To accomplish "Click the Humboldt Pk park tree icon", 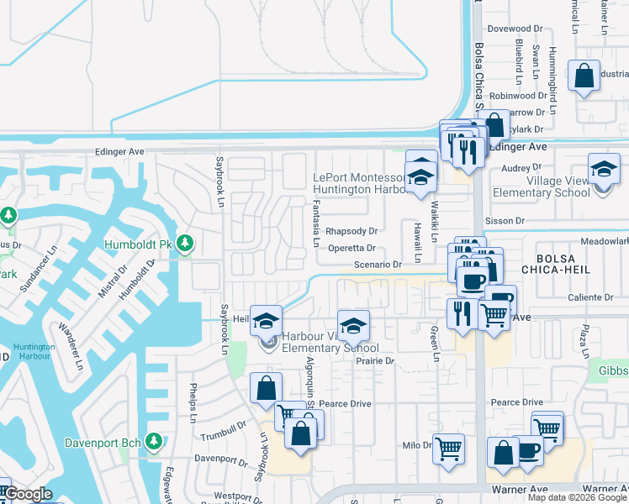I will pyautogui.click(x=185, y=244).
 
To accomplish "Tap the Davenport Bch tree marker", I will pyautogui.click(x=153, y=441).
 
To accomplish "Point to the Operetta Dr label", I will pyautogui.click(x=351, y=248).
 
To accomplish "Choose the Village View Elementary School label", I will pyautogui.click(x=558, y=186).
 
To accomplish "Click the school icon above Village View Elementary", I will pyautogui.click(x=604, y=171).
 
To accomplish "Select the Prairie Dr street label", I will pyautogui.click(x=374, y=360).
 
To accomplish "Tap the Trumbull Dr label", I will pyautogui.click(x=223, y=435).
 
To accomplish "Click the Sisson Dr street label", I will pyautogui.click(x=505, y=221).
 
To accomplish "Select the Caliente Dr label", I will pyautogui.click(x=592, y=298).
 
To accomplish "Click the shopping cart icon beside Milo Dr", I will pyautogui.click(x=448, y=448).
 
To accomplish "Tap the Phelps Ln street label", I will pyautogui.click(x=193, y=403).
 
